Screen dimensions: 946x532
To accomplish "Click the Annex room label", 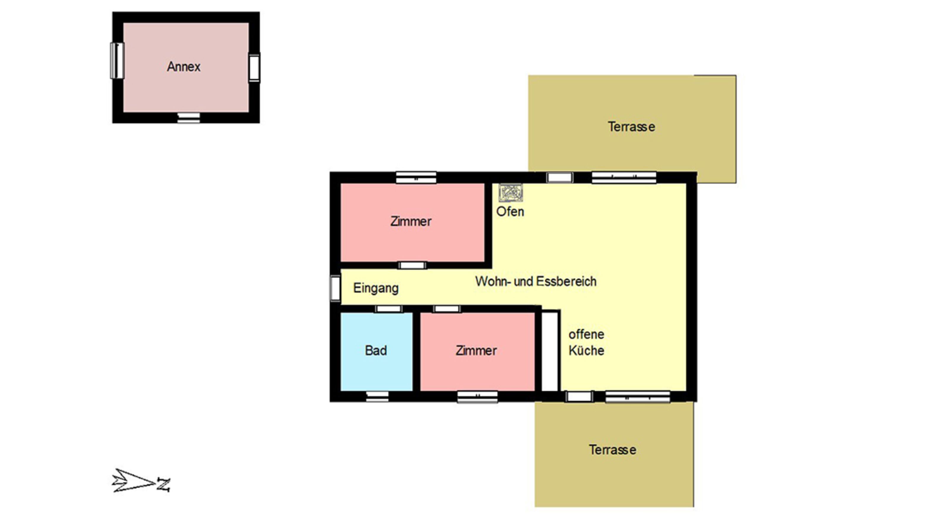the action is (x=184, y=66).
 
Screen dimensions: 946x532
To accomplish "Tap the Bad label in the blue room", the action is (x=376, y=350).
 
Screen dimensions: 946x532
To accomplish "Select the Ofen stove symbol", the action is (x=510, y=193).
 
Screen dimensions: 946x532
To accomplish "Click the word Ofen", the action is (x=510, y=212).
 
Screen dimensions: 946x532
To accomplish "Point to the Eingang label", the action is (x=376, y=288).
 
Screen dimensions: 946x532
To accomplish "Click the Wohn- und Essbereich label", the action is (x=536, y=281).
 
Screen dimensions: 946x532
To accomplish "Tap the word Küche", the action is (x=586, y=350).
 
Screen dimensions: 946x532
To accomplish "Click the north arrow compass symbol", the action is (x=141, y=481).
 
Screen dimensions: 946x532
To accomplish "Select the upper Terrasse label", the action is (x=631, y=127).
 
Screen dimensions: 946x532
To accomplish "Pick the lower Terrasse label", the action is (x=613, y=450).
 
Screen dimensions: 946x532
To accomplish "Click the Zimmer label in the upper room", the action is (x=410, y=221).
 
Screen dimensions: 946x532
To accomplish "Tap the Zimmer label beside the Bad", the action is (x=476, y=351).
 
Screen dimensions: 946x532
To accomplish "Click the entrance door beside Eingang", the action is (x=335, y=288).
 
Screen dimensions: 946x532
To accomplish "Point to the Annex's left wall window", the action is (x=117, y=61).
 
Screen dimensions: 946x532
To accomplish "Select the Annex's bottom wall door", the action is (x=189, y=118).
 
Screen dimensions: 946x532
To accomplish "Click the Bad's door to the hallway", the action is (x=389, y=309).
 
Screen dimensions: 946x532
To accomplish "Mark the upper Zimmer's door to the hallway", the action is (x=412, y=265).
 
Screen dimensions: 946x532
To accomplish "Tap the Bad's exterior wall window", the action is (x=377, y=396).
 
